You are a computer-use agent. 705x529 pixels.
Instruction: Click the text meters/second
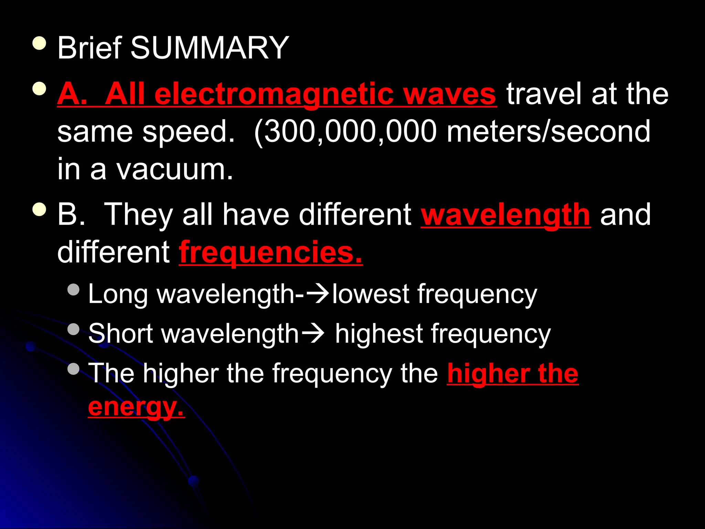(548, 132)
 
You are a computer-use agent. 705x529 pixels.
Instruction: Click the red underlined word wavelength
(506, 215)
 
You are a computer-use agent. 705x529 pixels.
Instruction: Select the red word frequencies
(271, 253)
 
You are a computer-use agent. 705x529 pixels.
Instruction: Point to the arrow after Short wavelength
(313, 334)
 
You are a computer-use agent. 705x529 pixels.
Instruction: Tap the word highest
(379, 334)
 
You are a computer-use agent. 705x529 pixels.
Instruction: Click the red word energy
(136, 407)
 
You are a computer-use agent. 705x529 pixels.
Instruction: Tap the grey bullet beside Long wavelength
(74, 289)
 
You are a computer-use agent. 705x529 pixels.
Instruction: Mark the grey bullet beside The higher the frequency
(74, 369)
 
